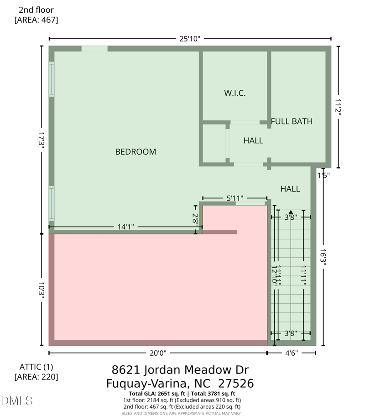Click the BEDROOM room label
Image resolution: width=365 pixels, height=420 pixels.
(x=136, y=152)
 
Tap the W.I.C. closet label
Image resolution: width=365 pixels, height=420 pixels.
(x=235, y=93)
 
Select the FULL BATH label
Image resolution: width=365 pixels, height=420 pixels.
(x=292, y=121)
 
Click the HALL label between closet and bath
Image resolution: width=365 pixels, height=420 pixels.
(x=253, y=141)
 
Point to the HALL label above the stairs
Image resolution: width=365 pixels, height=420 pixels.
(x=290, y=189)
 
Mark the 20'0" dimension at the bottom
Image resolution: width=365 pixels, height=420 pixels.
(x=157, y=353)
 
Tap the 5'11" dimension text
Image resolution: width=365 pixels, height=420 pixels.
(x=235, y=198)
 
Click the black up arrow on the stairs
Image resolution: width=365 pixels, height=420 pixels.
(x=291, y=213)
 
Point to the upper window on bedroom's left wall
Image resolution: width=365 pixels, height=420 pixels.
(x=52, y=79)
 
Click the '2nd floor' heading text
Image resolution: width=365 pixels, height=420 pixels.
(x=36, y=10)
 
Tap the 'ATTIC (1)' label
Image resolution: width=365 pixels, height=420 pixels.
(x=36, y=367)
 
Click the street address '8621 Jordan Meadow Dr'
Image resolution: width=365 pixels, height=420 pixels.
(x=180, y=370)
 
